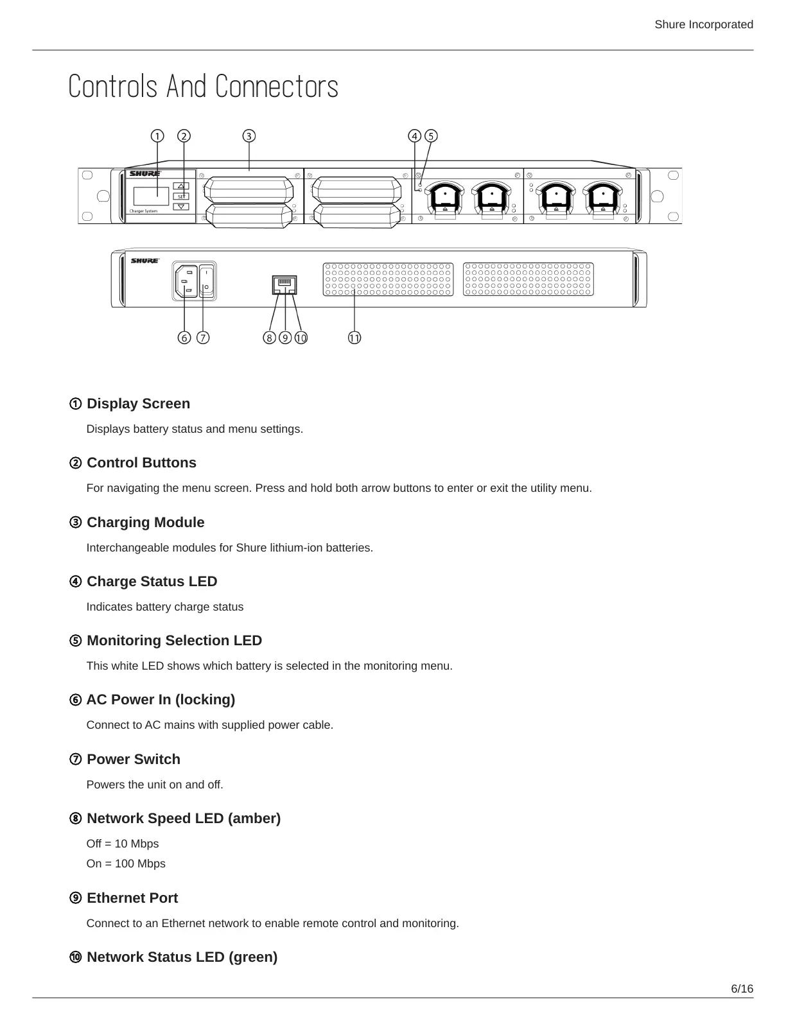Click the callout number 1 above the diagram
point(157,136)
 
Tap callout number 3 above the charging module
point(249,136)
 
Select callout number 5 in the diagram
point(431,136)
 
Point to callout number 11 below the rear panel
point(354,338)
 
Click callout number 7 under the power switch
point(203,338)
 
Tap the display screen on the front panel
point(152,196)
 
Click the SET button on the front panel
point(182,196)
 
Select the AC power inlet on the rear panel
point(186,281)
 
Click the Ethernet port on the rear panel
point(284,284)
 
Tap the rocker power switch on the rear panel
point(206,281)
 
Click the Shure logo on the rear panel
point(145,261)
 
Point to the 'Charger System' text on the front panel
point(143,211)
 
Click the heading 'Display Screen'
point(138,404)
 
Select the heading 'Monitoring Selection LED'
point(174,641)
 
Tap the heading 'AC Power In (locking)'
point(161,700)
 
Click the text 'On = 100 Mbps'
point(126,864)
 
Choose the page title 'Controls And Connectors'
point(203,87)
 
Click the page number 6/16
point(742,989)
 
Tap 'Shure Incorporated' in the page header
point(704,24)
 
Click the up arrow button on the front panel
point(182,186)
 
